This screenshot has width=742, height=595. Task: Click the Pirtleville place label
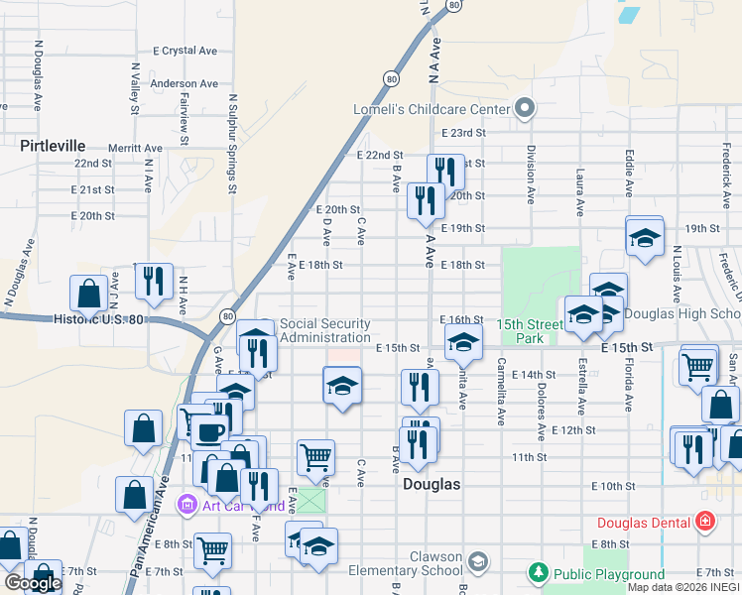pyautogui.click(x=53, y=146)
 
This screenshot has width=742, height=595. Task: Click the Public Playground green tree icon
pyautogui.click(x=538, y=572)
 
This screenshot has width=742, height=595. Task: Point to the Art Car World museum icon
pyautogui.click(x=186, y=506)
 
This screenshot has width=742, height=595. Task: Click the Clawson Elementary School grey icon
pyautogui.click(x=478, y=562)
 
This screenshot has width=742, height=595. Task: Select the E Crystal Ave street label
pyautogui.click(x=185, y=51)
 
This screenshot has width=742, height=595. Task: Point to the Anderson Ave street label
pyautogui.click(x=184, y=83)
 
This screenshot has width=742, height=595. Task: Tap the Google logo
pyautogui.click(x=32, y=583)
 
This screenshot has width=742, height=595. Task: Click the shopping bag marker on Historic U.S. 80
pyautogui.click(x=89, y=294)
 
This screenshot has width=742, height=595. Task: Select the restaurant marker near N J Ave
pyautogui.click(x=154, y=282)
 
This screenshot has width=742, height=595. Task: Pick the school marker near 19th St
pyautogui.click(x=644, y=238)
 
